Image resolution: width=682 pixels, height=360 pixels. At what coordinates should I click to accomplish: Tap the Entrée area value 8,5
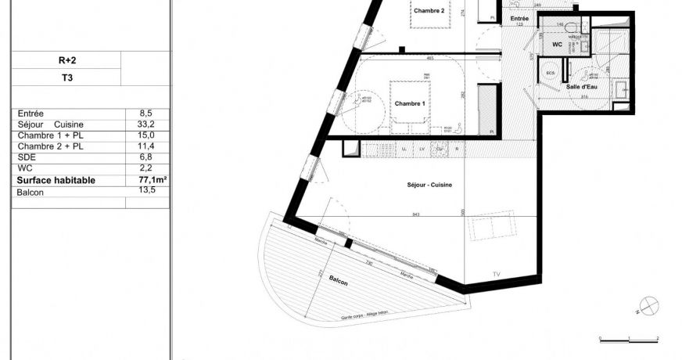[145, 113]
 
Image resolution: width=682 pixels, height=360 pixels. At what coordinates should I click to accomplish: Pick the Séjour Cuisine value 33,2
[145, 124]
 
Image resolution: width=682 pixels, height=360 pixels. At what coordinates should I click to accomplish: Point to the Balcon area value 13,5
[145, 190]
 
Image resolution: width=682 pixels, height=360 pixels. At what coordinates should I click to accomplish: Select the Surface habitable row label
[56, 180]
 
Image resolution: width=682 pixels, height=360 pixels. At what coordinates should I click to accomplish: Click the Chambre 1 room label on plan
[410, 104]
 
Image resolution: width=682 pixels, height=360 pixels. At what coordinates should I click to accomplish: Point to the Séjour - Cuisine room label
[429, 185]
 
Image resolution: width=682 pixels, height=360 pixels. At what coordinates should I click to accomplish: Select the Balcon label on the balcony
[339, 280]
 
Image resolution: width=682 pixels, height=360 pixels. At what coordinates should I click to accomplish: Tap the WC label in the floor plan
[557, 45]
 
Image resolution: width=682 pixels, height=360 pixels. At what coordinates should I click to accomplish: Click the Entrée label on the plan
[519, 17]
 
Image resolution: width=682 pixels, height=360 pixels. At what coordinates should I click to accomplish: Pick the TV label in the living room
[496, 273]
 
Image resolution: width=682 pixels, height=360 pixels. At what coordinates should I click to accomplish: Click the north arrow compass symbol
[648, 305]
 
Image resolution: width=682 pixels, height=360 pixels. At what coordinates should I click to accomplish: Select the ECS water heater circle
[551, 74]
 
